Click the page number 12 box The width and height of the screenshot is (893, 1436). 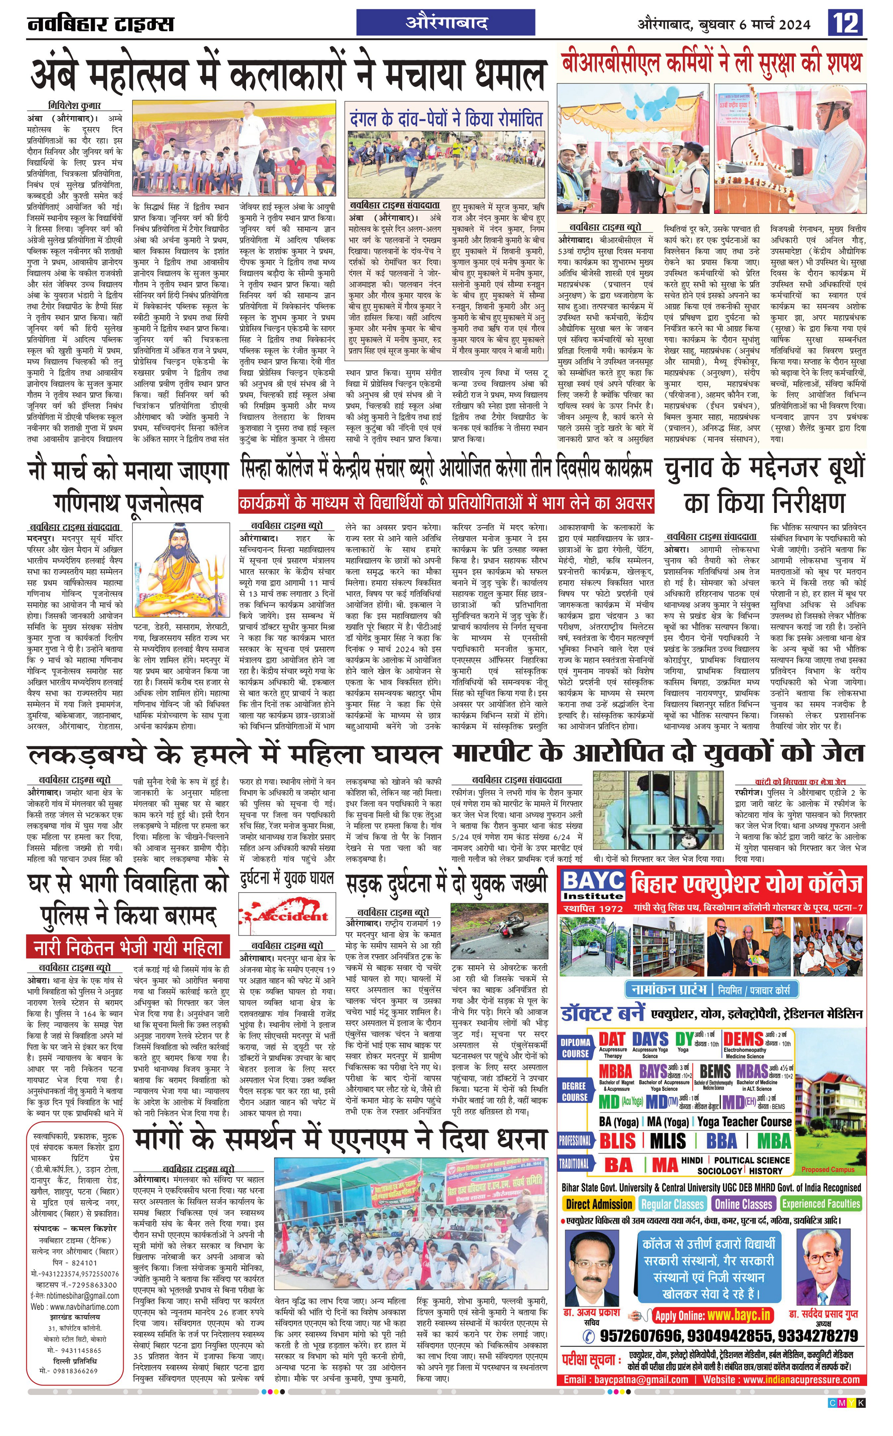pos(847,24)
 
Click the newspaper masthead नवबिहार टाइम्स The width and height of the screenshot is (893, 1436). pos(100,24)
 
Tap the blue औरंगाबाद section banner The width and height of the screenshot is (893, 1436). pos(446,23)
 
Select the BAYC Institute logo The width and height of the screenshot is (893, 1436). pos(593,886)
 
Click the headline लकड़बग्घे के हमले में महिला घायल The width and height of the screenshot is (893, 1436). pos(234,755)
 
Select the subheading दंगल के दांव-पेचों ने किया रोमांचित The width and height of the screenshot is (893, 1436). pos(446,118)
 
